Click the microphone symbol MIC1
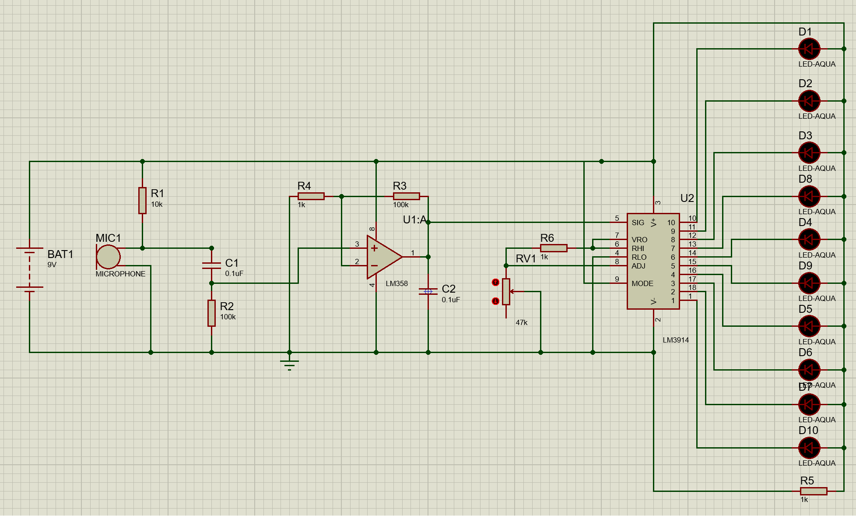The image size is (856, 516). click(x=108, y=257)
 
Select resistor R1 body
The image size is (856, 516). click(x=142, y=201)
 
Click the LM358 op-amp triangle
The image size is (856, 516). click(x=382, y=257)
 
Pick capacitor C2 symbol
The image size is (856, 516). click(x=428, y=291)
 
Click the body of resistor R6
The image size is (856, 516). click(x=554, y=248)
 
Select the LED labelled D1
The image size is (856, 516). click(x=809, y=49)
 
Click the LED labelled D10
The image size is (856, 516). click(x=809, y=448)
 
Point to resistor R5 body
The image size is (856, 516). click(x=814, y=491)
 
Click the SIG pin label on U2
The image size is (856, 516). click(x=638, y=223)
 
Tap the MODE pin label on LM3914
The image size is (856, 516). click(x=642, y=283)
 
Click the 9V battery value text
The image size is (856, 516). click(x=52, y=265)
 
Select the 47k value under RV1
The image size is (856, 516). click(x=521, y=322)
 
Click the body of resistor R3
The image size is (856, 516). click(x=406, y=196)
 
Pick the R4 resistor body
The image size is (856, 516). click(x=311, y=196)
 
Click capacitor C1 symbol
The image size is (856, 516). click(x=211, y=265)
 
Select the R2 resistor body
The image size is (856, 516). click(x=211, y=313)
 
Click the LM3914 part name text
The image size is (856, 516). click(x=675, y=340)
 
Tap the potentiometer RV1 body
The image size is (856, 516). click(x=506, y=291)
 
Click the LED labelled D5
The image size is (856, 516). click(x=809, y=326)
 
